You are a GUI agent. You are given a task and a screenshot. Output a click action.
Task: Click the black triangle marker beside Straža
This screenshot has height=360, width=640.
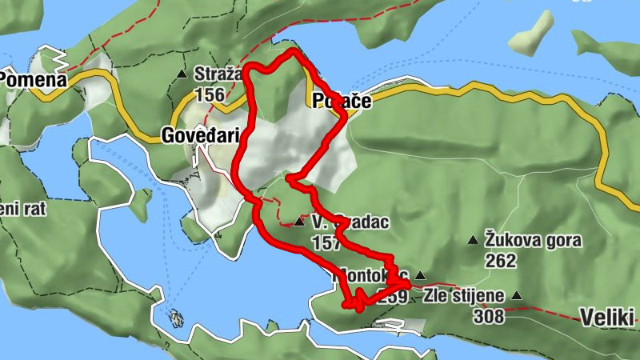pos(182,74)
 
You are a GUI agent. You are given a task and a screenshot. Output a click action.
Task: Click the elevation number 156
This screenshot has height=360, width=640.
pos(210,95)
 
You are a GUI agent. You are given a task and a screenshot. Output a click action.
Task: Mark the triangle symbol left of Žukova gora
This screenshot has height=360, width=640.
pos(473,239)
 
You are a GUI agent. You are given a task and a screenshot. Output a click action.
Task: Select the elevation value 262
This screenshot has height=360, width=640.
pos(501,261)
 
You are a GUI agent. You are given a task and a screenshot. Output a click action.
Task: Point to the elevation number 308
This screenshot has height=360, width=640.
pos(488,316)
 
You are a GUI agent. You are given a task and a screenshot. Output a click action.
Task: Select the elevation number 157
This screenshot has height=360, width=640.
pos(326,243)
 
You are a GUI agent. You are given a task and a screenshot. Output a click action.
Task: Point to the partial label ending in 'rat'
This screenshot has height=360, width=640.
pos(22,210)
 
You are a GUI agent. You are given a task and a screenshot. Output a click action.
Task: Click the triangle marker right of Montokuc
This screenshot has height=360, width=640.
pos(420,274)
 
